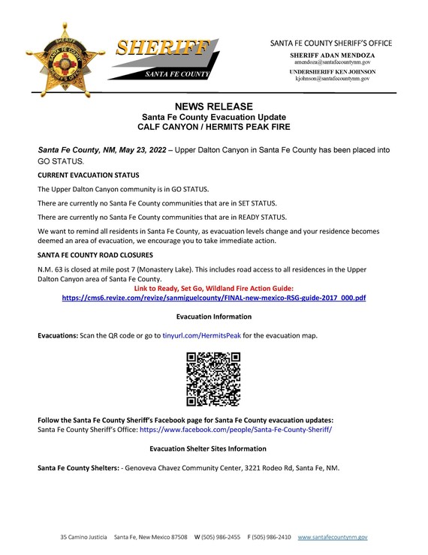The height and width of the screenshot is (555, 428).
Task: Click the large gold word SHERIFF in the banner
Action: [162, 49]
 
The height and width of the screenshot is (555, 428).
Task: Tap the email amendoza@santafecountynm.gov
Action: [333, 62]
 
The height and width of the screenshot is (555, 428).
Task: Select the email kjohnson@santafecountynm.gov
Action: [333, 78]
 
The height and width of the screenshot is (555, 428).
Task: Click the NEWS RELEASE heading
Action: [214, 106]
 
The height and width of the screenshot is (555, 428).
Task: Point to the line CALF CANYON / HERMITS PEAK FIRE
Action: [214, 128]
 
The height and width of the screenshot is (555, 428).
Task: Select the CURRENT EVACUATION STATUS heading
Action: [87, 175]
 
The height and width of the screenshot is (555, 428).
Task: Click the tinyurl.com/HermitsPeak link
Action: [201, 335]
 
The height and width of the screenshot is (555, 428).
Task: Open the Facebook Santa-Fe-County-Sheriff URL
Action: [235, 430]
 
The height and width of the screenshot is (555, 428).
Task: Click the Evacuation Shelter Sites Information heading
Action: [208, 448]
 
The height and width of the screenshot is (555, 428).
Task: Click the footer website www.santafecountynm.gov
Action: [333, 538]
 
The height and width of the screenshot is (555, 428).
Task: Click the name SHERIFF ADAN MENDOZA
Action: [333, 55]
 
